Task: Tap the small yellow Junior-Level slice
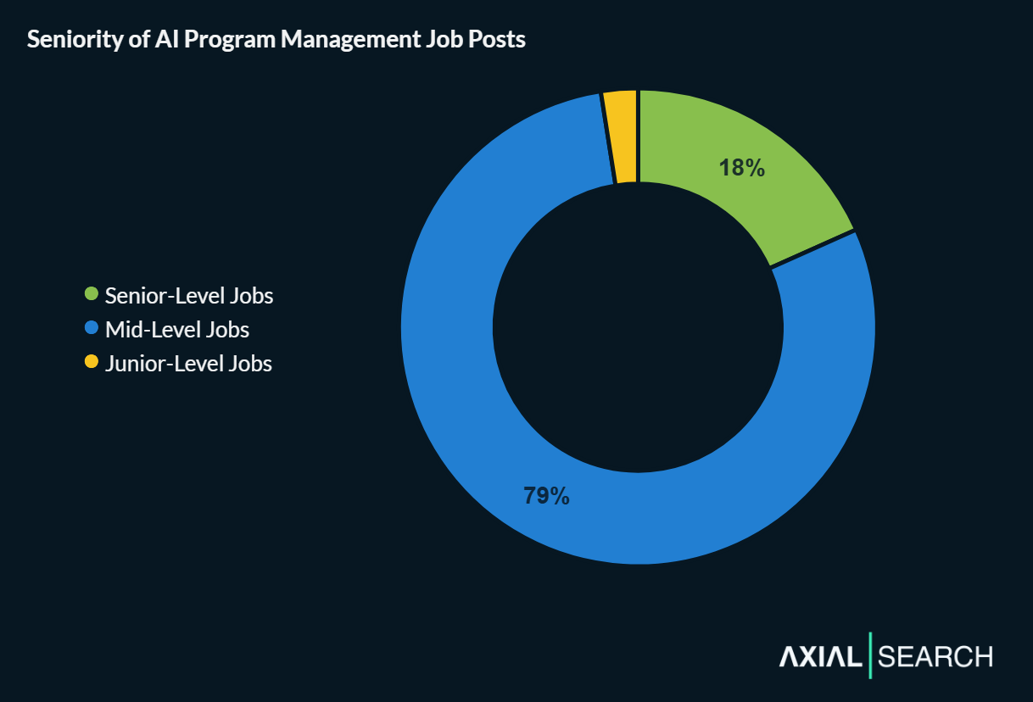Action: click(x=622, y=136)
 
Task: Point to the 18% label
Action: click(x=742, y=168)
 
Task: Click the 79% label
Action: click(x=546, y=495)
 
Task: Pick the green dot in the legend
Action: click(x=92, y=294)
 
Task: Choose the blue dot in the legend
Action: click(x=92, y=328)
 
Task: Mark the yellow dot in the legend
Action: click(x=92, y=362)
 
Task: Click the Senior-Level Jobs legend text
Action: click(x=189, y=296)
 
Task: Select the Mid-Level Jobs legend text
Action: click(x=177, y=330)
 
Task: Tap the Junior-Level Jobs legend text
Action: click(x=188, y=364)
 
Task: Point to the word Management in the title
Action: click(x=333, y=40)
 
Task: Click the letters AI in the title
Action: click(x=165, y=40)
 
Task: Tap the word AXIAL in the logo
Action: click(x=819, y=656)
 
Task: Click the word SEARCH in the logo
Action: click(x=935, y=656)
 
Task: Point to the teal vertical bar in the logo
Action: click(x=870, y=655)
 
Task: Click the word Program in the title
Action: click(x=223, y=40)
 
